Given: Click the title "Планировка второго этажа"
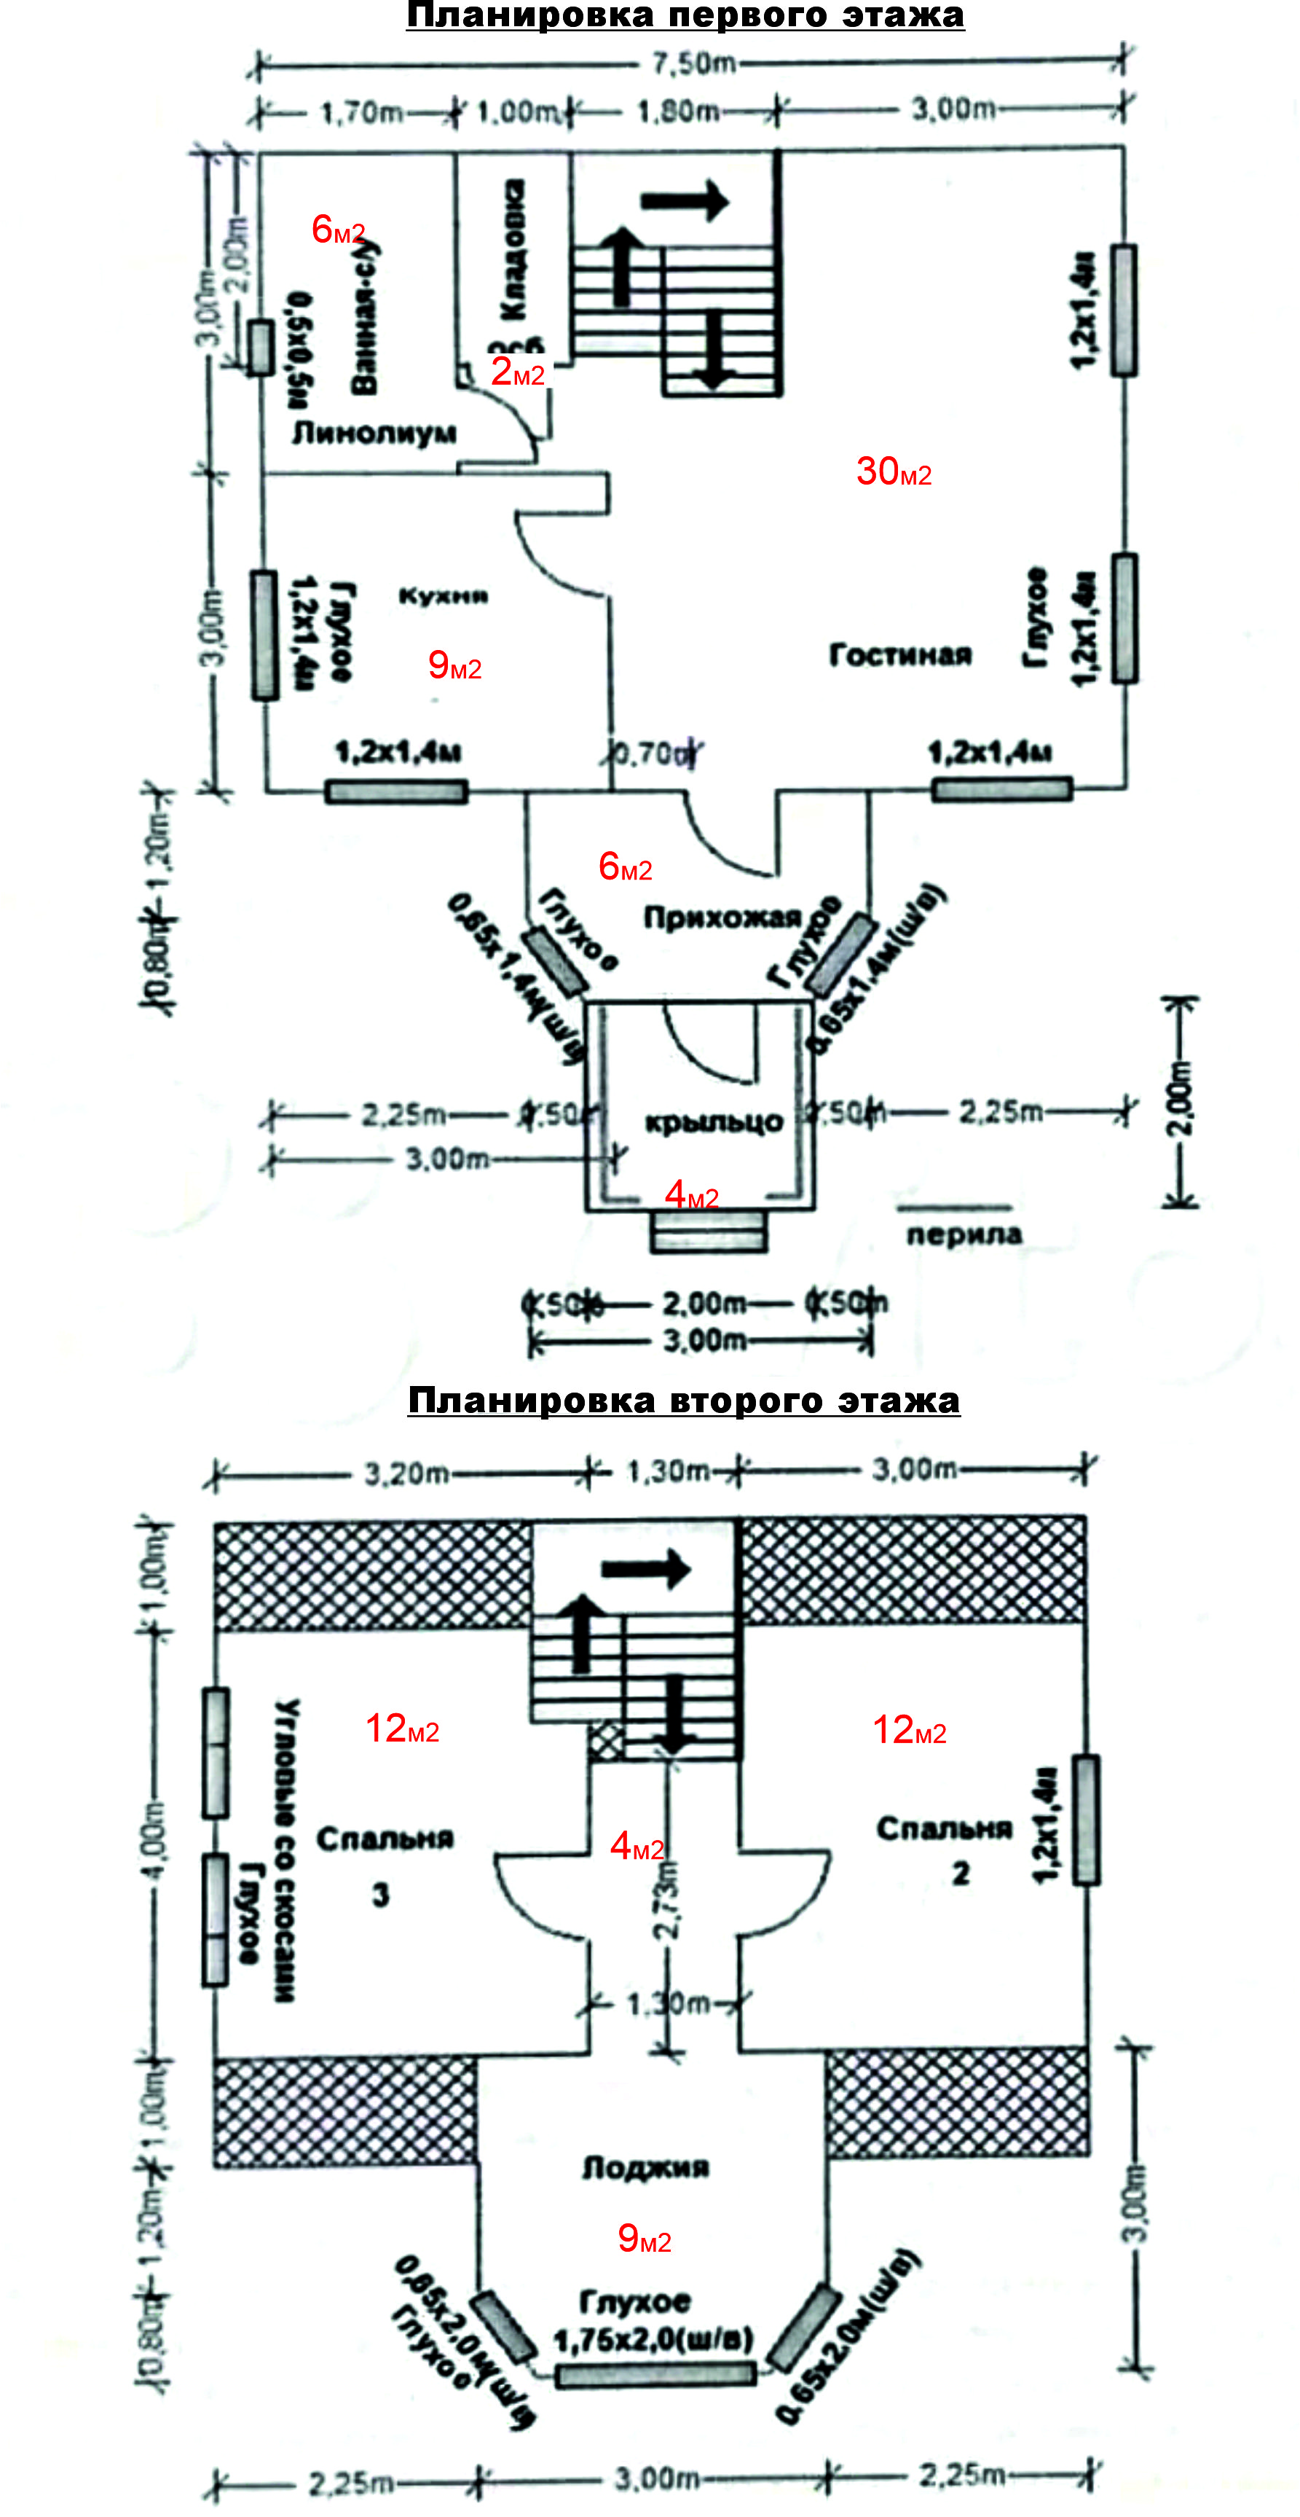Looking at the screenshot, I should pyautogui.click(x=684, y=1400).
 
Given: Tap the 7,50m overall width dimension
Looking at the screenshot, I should pyautogui.click(x=693, y=63).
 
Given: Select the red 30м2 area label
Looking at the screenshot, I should pyautogui.click(x=893, y=472).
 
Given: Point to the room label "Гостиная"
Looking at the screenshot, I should pyautogui.click(x=899, y=654).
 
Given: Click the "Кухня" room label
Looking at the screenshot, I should pyautogui.click(x=443, y=596).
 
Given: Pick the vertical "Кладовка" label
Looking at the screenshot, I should pyautogui.click(x=512, y=249).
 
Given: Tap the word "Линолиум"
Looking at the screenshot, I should pyautogui.click(x=374, y=432).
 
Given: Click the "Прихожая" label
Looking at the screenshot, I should pyautogui.click(x=722, y=917).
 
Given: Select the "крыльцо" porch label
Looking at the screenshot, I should pyautogui.click(x=714, y=1122).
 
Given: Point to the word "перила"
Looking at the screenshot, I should pyautogui.click(x=964, y=1234).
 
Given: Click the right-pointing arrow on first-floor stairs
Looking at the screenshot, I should pyautogui.click(x=685, y=201).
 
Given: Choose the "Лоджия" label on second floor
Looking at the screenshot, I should pyautogui.click(x=645, y=2168).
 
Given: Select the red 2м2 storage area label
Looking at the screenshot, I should pyautogui.click(x=516, y=372).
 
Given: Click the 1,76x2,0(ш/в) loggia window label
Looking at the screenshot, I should pyautogui.click(x=653, y=2339).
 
